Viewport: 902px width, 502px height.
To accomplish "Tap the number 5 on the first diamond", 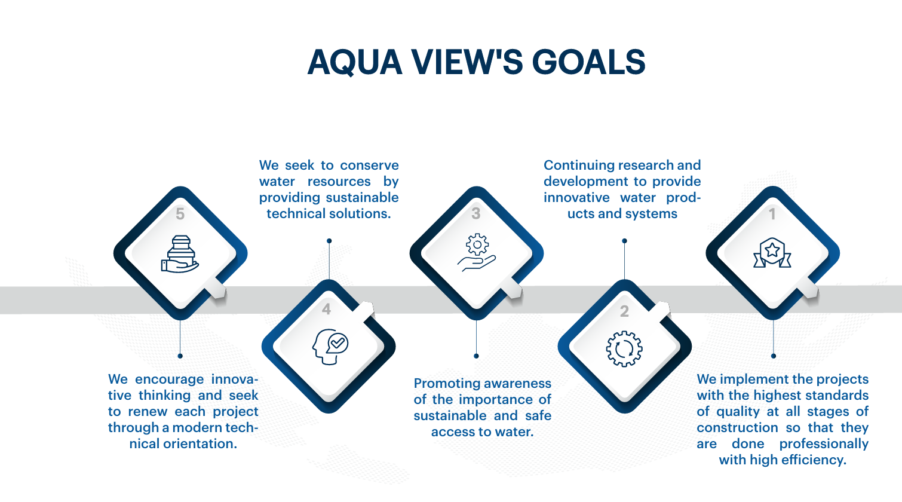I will [180, 214].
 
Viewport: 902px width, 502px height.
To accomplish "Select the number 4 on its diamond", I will [326, 309].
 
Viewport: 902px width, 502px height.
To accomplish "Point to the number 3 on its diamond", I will [475, 213].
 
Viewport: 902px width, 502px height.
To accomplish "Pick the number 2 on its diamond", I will [624, 311].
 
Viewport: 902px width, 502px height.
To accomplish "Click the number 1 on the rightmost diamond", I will [772, 214].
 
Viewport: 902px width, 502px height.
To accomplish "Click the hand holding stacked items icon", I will [180, 254].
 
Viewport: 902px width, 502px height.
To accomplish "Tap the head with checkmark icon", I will [330, 347].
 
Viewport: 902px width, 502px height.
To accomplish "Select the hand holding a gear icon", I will [476, 253].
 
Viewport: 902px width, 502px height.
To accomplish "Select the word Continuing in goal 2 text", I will [578, 166].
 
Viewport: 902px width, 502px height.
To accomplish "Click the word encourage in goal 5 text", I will [169, 379].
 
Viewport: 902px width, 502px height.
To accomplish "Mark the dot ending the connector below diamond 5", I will [180, 356].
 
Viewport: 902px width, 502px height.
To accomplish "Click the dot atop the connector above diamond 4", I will [329, 241].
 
